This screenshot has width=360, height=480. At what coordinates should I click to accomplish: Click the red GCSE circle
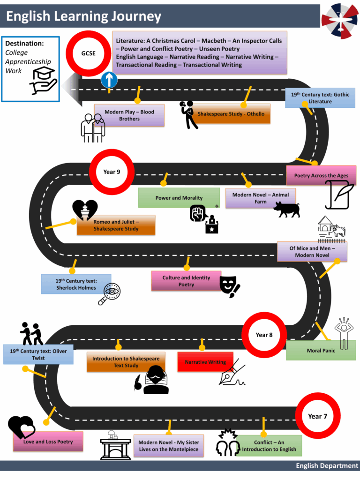pyautogui.click(x=88, y=53)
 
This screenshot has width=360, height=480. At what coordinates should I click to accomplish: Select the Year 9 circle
pyautogui.click(x=112, y=172)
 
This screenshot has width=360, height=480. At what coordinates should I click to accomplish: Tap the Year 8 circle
pyautogui.click(x=264, y=335)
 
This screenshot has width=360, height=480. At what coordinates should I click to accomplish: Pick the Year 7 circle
pyautogui.click(x=318, y=416)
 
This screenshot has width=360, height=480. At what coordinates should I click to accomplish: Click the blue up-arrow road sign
pyautogui.click(x=109, y=80)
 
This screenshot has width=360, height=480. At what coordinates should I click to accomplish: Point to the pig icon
pyautogui.click(x=286, y=209)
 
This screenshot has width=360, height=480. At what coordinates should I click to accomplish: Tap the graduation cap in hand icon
pyautogui.click(x=43, y=80)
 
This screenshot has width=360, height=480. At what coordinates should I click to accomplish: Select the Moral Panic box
pyautogui.click(x=321, y=351)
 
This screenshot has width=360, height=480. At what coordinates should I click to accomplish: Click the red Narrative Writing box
pyautogui.click(x=205, y=362)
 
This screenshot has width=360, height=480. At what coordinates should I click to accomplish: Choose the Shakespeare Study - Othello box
pyautogui.click(x=231, y=114)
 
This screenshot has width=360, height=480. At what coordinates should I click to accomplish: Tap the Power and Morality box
pyautogui.click(x=179, y=198)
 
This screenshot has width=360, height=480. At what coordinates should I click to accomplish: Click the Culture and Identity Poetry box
pyautogui.click(x=186, y=281)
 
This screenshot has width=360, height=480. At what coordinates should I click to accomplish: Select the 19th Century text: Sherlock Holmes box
pyautogui.click(x=76, y=284)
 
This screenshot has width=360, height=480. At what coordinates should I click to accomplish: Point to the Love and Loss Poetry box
pyautogui.click(x=48, y=442)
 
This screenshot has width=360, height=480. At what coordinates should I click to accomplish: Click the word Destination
pyautogui.click(x=24, y=44)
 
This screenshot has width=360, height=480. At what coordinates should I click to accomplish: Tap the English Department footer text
pyautogui.click(x=327, y=465)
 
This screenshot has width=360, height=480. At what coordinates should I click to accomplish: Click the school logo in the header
pyautogui.click(x=339, y=21)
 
